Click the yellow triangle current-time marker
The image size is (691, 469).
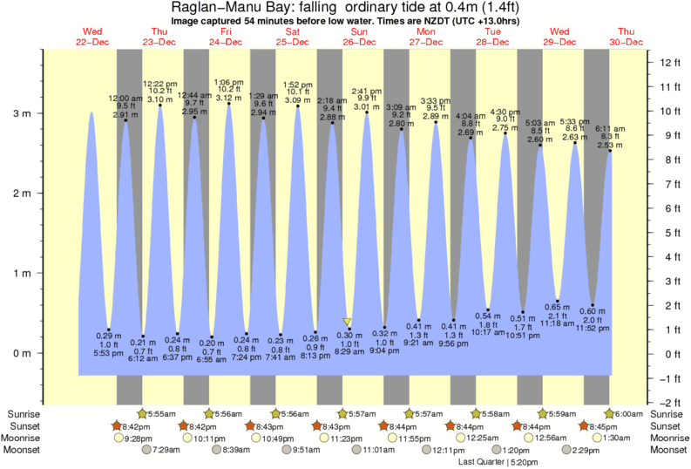pyautogui.click(x=348, y=322)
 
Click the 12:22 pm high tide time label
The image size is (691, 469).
pyautogui.click(x=159, y=83)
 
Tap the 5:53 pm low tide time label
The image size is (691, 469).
pyautogui.click(x=109, y=353)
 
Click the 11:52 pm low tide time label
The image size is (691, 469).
pyautogui.click(x=593, y=328)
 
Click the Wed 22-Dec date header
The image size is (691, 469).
pyautogui.click(x=91, y=37)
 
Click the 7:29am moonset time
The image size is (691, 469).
pyautogui.click(x=165, y=450)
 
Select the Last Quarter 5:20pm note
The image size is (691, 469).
pyautogui.click(x=498, y=462)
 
